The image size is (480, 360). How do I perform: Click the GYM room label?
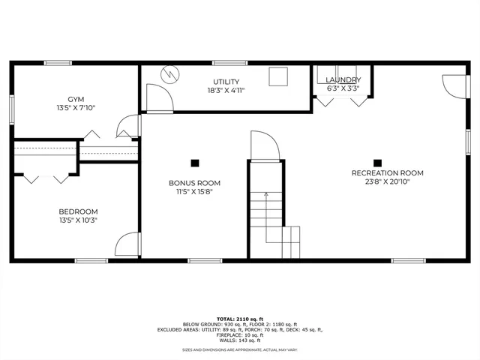pyautogui.click(x=76, y=99)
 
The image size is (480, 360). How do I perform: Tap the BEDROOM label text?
pyautogui.click(x=79, y=211)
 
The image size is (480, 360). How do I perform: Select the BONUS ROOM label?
pyautogui.click(x=194, y=182)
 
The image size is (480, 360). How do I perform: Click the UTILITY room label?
pyautogui.click(x=226, y=81)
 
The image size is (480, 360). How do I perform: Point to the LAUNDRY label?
pyautogui.click(x=343, y=79)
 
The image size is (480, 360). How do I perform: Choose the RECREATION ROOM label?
pyautogui.click(x=387, y=173)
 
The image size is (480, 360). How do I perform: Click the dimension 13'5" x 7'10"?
pyautogui.click(x=76, y=108)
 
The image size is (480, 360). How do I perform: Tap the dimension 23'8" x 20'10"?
pyautogui.click(x=387, y=181)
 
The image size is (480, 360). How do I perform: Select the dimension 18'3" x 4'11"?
pyautogui.click(x=226, y=90)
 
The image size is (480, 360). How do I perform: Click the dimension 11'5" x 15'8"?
pyautogui.click(x=194, y=190)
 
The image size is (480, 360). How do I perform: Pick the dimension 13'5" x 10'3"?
pyautogui.click(x=79, y=220)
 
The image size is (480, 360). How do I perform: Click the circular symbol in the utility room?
pyautogui.click(x=170, y=74)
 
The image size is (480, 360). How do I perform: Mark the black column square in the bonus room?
pyautogui.click(x=195, y=162)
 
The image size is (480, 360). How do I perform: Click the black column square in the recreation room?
pyautogui.click(x=378, y=162)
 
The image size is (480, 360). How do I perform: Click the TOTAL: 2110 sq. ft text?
pyautogui.click(x=240, y=319)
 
